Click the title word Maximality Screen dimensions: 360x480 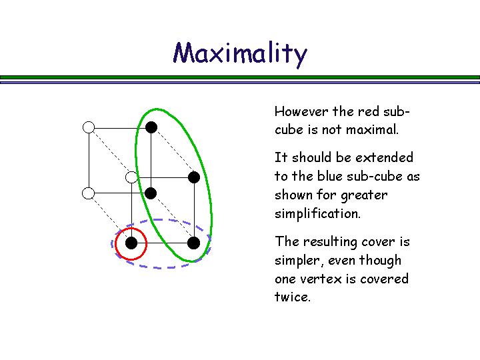pos(240,53)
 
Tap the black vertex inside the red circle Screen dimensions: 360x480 pos(131,243)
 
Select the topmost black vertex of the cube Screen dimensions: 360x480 pos(151,127)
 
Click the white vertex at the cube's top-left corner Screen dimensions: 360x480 pos(89,127)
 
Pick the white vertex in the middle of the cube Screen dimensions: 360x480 pos(131,177)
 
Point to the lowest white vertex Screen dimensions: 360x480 pos(89,193)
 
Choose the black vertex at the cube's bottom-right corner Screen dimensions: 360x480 pos(194,243)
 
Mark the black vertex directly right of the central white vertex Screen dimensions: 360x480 pos(194,177)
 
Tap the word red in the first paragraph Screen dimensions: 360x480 pos(369,111)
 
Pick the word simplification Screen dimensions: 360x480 pos(317,214)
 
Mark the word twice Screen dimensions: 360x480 pos(292,297)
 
